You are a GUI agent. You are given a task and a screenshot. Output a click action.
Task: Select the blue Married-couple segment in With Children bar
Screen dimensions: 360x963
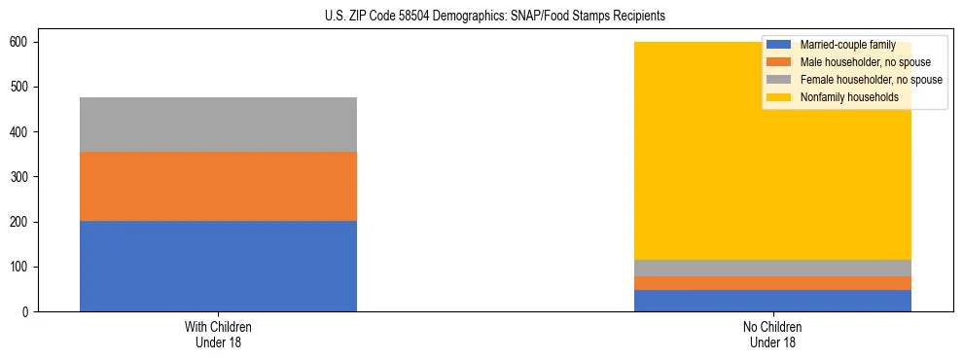[218, 266]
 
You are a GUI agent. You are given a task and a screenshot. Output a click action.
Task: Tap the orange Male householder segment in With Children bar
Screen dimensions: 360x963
[218, 186]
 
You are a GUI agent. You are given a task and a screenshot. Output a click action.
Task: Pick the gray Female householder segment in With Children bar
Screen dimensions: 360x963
[218, 125]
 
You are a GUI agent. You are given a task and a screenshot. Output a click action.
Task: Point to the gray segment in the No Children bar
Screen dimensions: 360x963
[772, 268]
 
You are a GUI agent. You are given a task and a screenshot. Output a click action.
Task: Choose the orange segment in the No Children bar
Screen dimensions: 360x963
[772, 283]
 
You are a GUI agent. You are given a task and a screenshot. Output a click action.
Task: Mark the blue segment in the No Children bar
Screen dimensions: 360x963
[772, 301]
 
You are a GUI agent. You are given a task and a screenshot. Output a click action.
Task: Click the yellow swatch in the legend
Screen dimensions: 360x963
[779, 97]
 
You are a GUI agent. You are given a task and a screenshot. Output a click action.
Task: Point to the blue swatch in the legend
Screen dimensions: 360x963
[779, 45]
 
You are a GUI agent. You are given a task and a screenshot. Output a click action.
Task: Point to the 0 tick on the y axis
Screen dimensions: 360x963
[32, 311]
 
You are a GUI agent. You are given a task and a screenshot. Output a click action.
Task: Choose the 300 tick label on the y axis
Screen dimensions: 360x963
[25, 177]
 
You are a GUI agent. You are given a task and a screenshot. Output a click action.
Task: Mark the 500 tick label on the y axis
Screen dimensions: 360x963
[25, 88]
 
